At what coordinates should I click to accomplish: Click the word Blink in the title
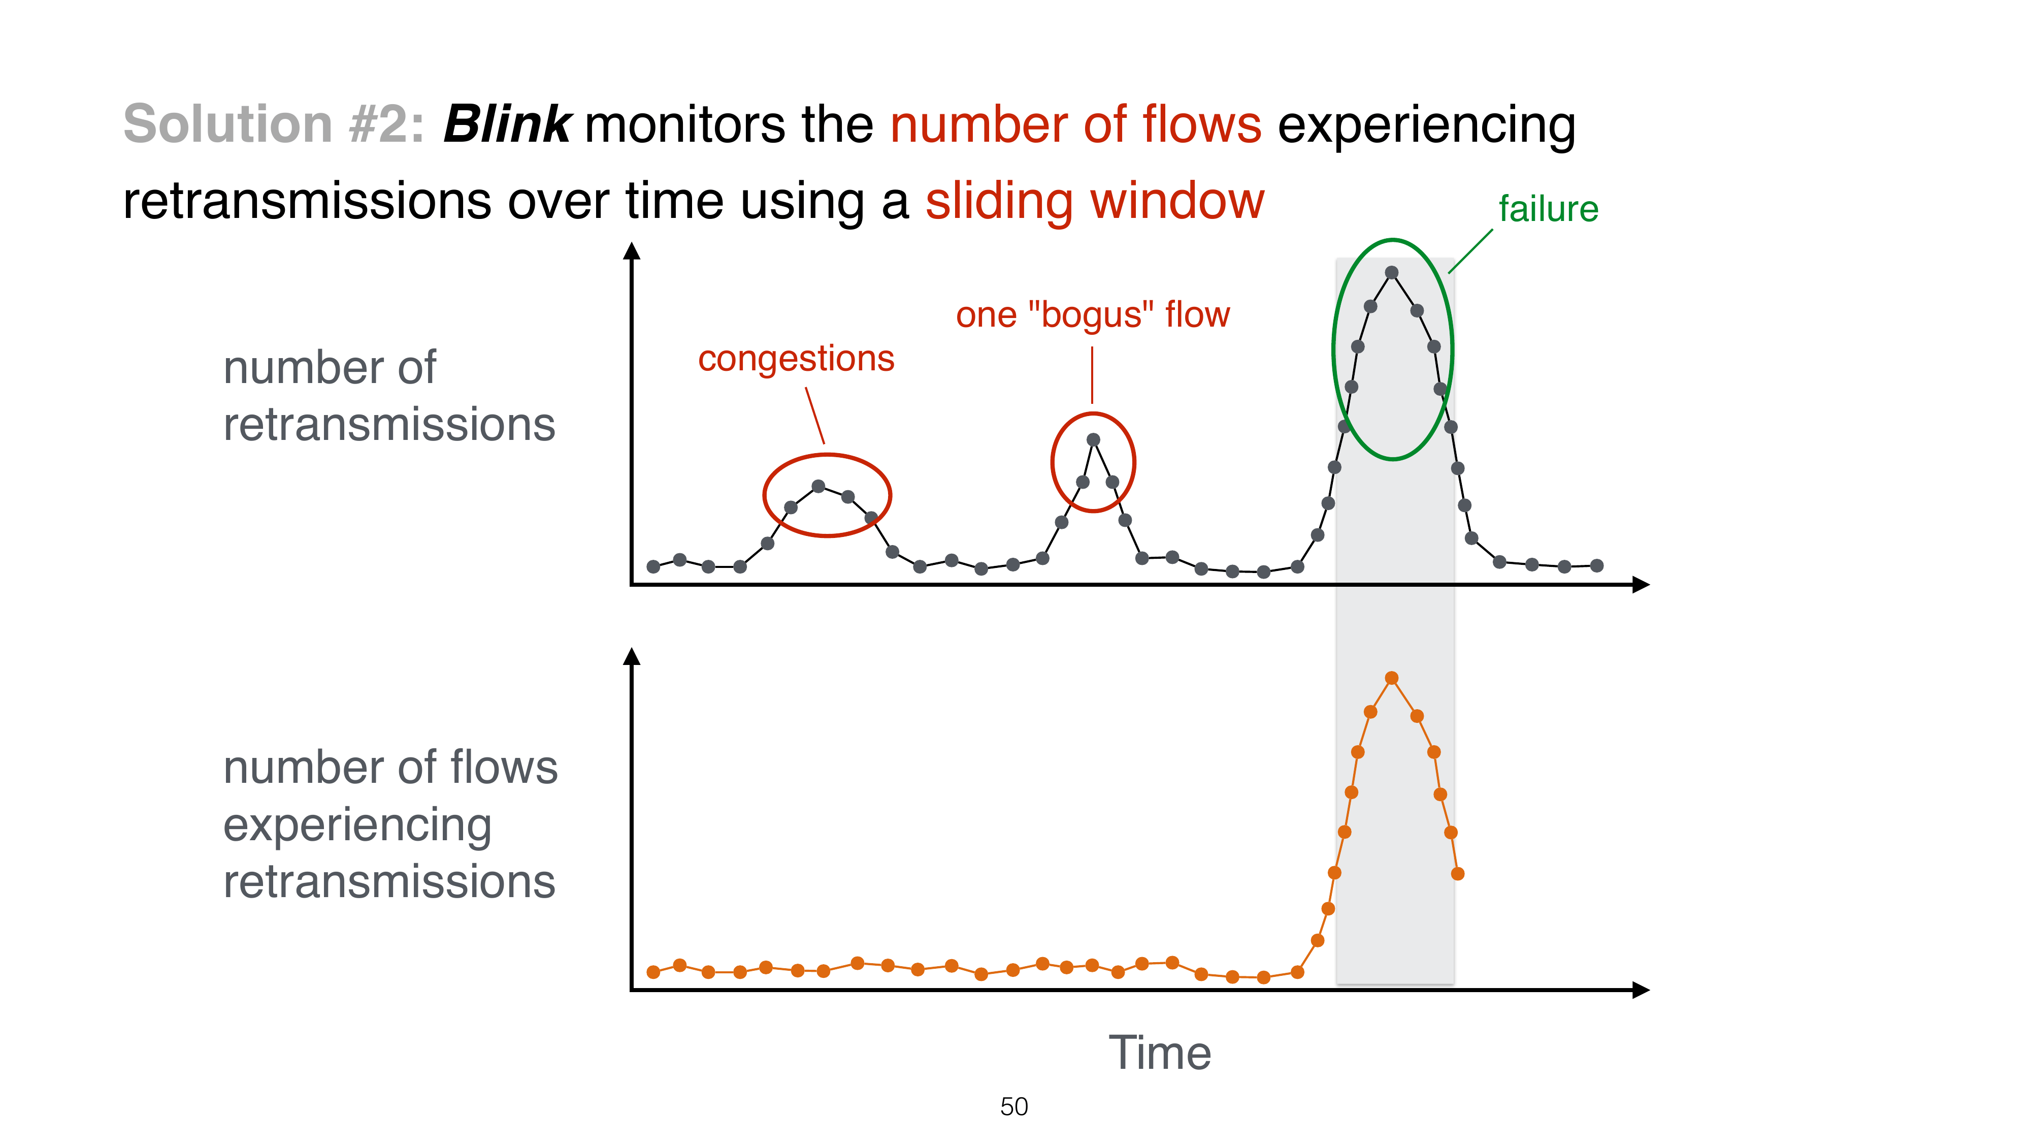coord(507,124)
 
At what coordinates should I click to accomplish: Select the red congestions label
coord(796,359)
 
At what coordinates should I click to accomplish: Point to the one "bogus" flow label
coord(1092,315)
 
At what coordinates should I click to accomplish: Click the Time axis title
coord(1159,1053)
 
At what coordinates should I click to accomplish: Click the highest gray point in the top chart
coord(1392,273)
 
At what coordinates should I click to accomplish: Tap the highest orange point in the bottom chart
coord(1392,678)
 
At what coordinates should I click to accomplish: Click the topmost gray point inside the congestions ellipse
coord(818,487)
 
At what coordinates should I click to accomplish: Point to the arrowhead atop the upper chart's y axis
coord(632,251)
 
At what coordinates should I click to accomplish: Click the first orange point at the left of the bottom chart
coord(653,972)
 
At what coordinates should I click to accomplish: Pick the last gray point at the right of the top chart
coord(1596,565)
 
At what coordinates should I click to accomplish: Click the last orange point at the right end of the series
coord(1458,874)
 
